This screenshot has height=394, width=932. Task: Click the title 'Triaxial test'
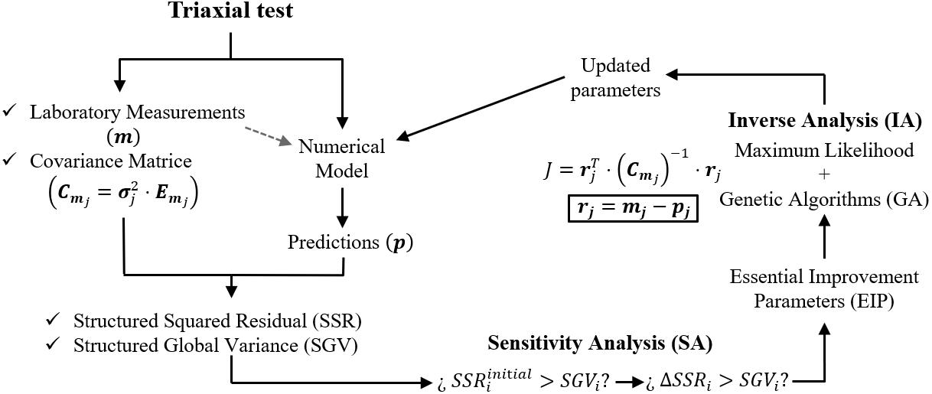coord(230,12)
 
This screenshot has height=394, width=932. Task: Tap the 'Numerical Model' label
coord(341,158)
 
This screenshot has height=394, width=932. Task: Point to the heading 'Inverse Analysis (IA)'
coord(823,120)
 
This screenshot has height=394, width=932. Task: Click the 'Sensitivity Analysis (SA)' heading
coord(600,343)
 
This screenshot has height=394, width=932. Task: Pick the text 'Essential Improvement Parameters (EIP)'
coord(823,288)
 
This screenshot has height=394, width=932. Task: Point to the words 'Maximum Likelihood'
coord(823,151)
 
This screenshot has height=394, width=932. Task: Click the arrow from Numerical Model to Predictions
coord(344,205)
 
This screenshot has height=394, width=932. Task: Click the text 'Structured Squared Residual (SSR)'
coord(217,320)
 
